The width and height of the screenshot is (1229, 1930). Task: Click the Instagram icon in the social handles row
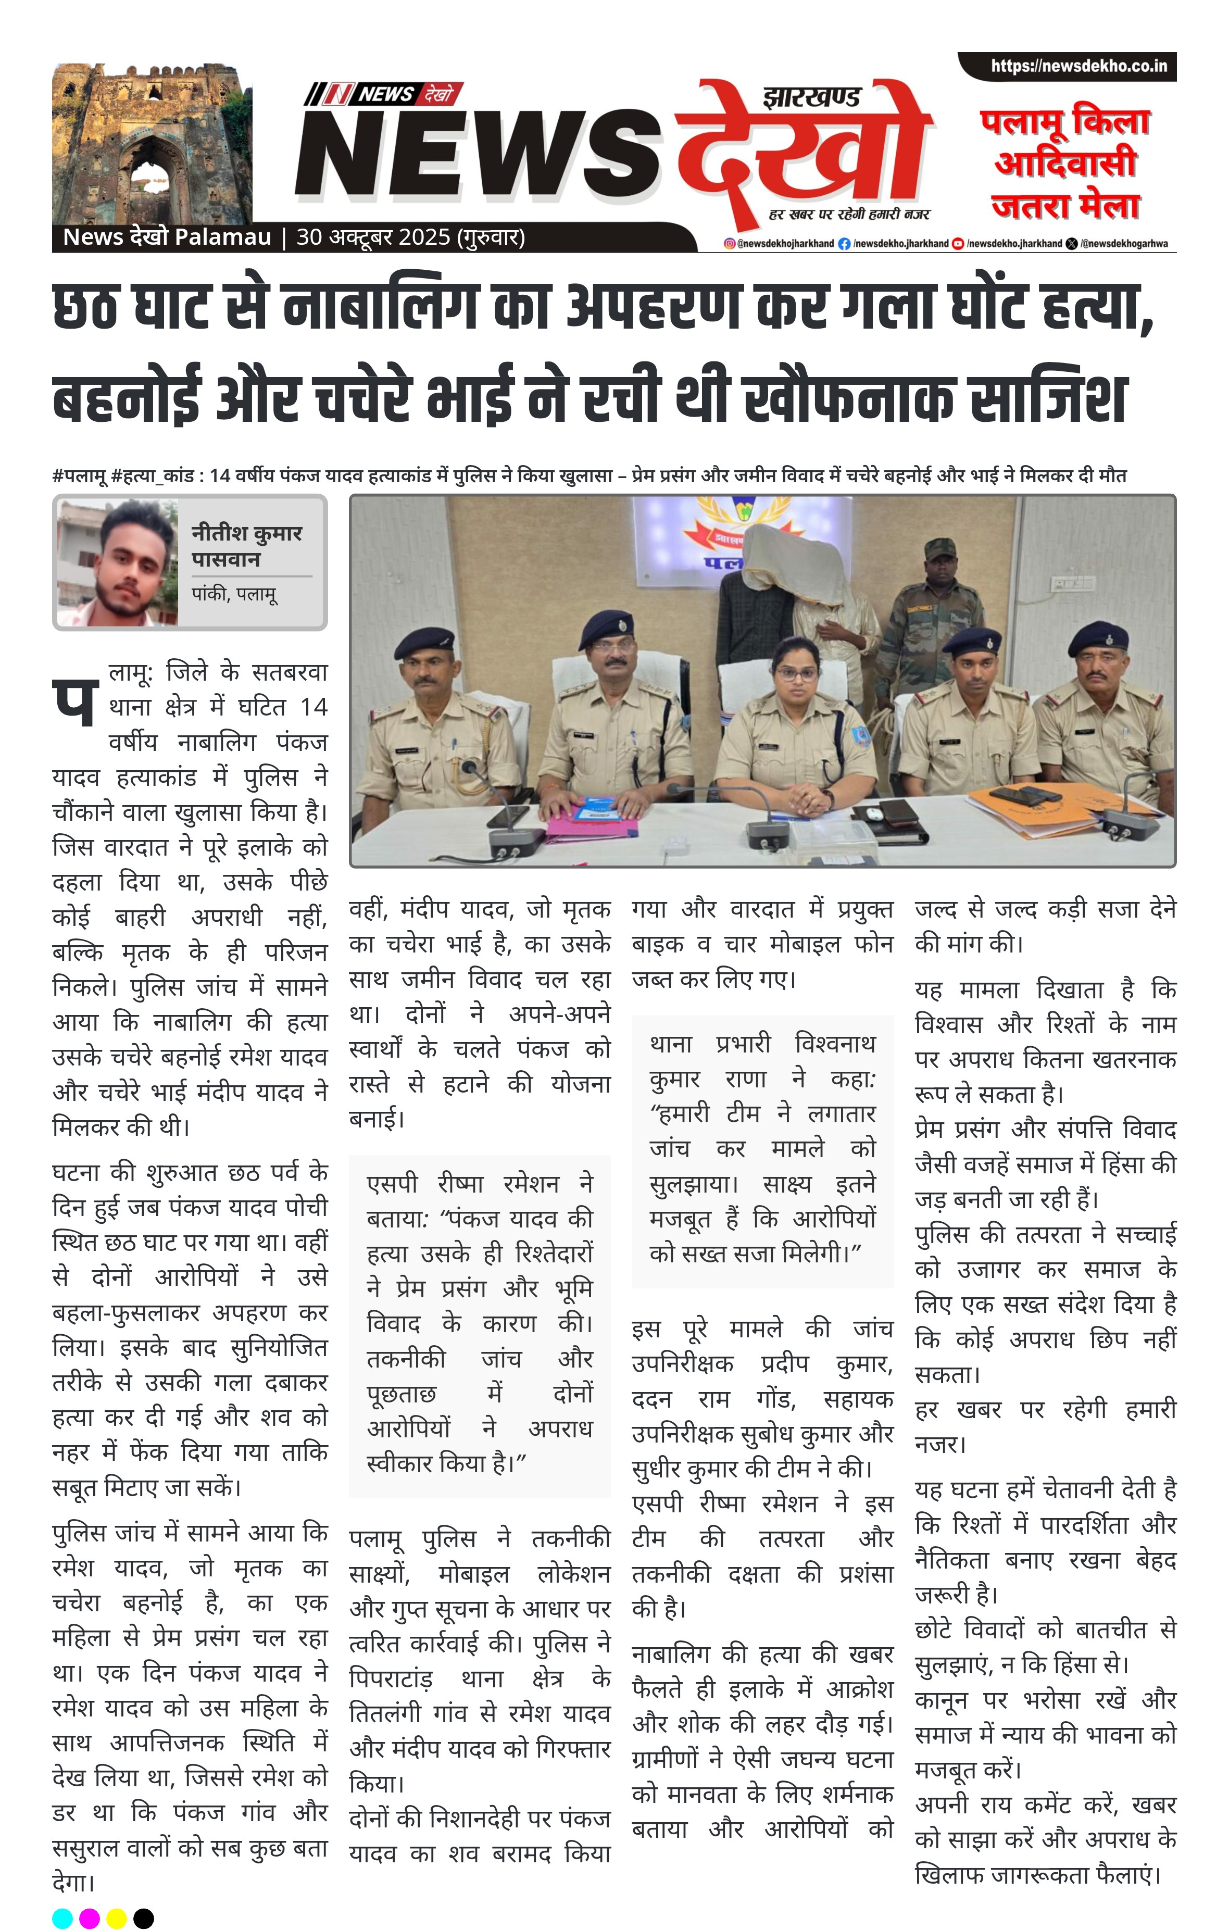[x=729, y=244]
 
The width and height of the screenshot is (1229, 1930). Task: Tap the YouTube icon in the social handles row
[x=957, y=244]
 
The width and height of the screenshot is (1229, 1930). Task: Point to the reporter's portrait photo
[x=117, y=562]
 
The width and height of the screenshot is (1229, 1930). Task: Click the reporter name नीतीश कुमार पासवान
[x=246, y=545]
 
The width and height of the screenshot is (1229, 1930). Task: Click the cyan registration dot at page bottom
[x=62, y=1918]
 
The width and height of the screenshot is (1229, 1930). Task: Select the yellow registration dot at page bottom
[x=116, y=1918]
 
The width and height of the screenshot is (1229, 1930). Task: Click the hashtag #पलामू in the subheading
[x=79, y=476]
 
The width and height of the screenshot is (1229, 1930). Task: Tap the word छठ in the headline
[x=86, y=307]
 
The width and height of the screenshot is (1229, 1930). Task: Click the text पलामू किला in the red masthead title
[x=1064, y=122]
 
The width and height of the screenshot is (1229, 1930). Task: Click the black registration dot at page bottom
[x=144, y=1918]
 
